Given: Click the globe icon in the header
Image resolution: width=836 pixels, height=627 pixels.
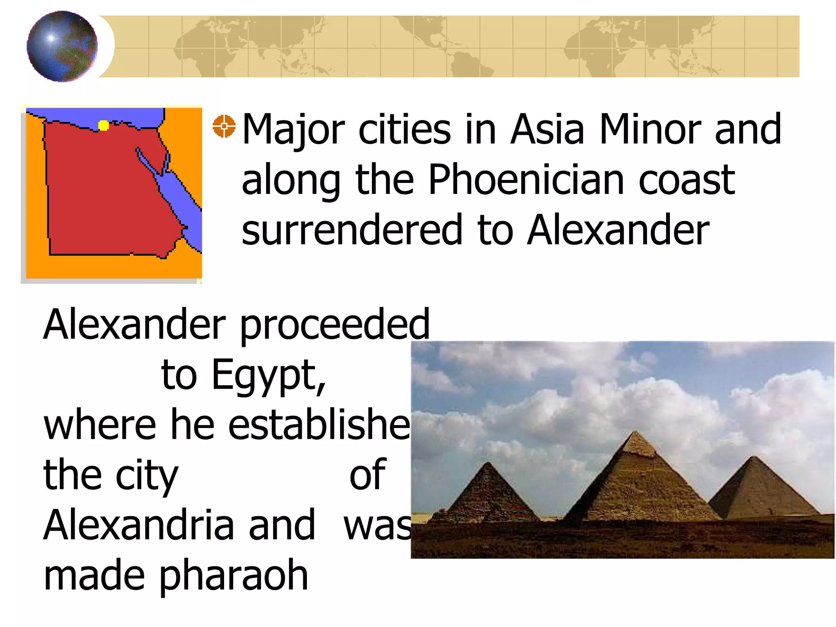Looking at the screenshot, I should coord(62,46).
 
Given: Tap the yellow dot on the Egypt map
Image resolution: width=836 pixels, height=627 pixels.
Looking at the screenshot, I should coord(104,126).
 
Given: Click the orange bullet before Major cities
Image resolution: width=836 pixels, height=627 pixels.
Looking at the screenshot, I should coord(224,126).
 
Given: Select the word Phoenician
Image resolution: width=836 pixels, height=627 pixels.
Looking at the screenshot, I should coord(526,180).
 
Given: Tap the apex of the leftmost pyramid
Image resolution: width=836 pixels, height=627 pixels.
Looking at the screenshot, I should coord(488,463).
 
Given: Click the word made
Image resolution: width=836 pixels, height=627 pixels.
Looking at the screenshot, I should coord(94,576).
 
